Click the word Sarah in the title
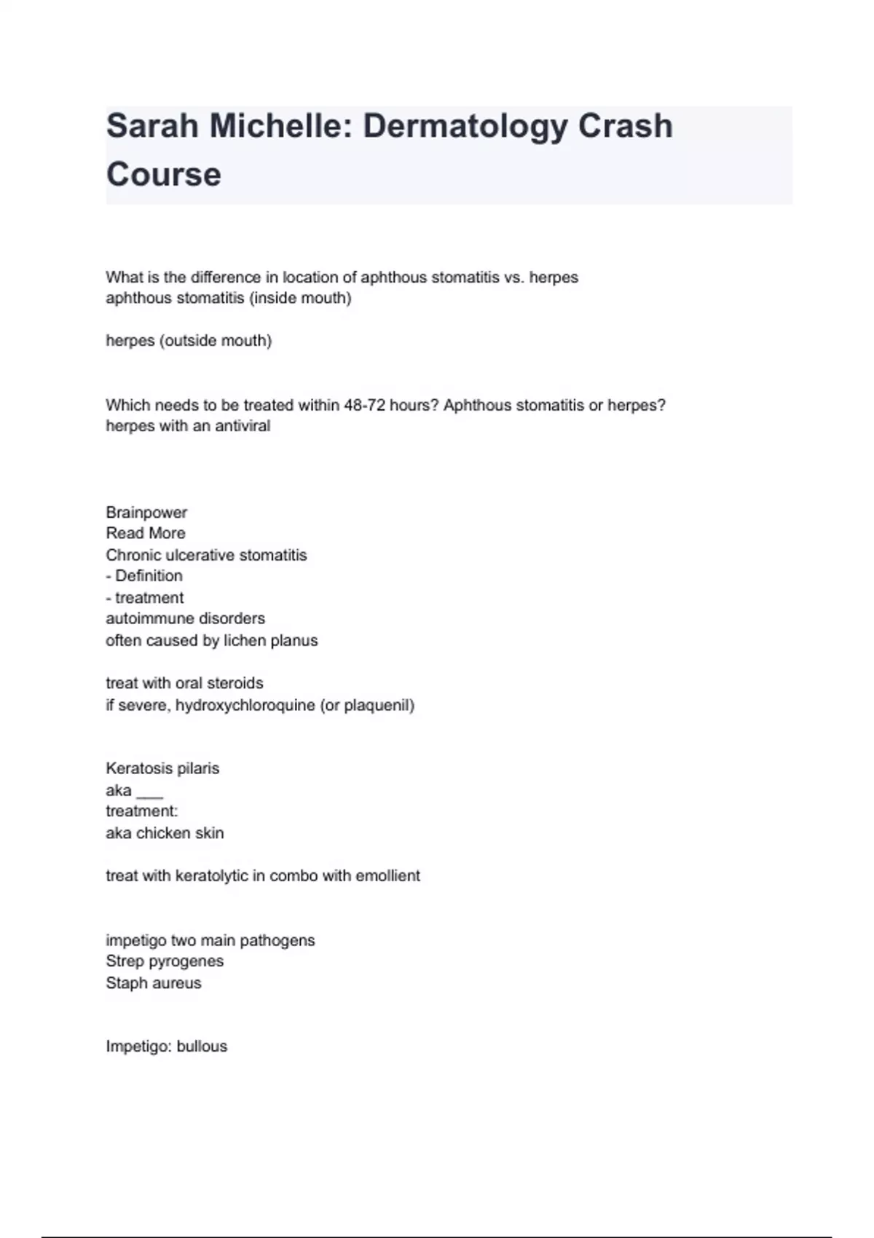(x=151, y=126)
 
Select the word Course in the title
(x=164, y=175)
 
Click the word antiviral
(x=243, y=426)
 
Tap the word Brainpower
(x=146, y=512)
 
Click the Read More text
(x=146, y=533)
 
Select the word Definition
(x=149, y=576)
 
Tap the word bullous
(x=202, y=1046)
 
